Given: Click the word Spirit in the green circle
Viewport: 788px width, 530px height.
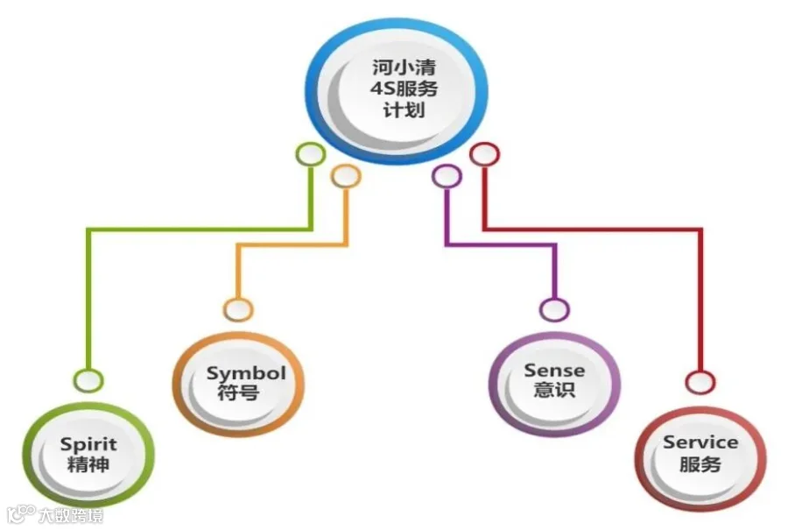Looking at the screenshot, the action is (x=88, y=445).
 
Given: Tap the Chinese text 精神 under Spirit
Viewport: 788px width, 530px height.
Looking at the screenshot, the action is (x=88, y=464).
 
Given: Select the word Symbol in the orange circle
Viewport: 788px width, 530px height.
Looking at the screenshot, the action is (x=246, y=374).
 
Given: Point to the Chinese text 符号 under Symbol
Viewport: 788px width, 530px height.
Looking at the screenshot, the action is (x=239, y=392).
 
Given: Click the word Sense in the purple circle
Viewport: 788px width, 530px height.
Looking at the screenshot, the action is (x=554, y=371).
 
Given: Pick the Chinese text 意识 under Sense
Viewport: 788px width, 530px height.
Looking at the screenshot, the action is (x=554, y=390).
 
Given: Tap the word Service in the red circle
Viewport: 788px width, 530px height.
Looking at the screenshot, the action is (x=700, y=442).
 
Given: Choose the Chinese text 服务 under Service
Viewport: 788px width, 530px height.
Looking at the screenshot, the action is (x=700, y=463).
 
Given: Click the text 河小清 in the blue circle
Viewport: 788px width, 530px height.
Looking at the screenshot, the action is (x=404, y=67).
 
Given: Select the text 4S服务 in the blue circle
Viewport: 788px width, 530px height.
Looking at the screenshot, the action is (x=404, y=89).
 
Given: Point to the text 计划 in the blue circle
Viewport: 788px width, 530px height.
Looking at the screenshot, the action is (x=404, y=110).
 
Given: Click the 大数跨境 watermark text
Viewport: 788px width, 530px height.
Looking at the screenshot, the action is (x=71, y=515).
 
